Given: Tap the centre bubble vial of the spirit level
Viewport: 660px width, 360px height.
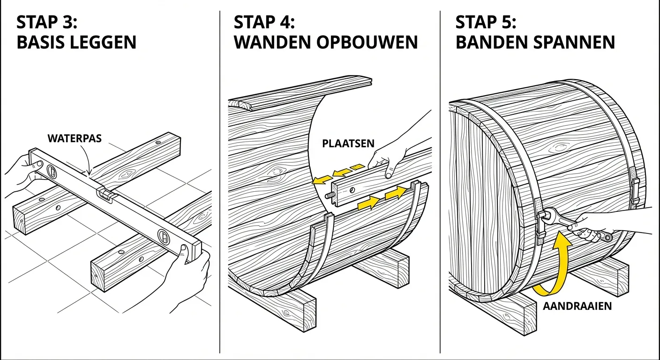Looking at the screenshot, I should (105, 195).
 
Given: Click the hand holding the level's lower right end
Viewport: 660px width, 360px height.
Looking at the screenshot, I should (190, 277).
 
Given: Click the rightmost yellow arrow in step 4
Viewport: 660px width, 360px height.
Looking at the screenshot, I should (397, 193).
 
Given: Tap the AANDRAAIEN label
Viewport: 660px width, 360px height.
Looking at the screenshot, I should (577, 306).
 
